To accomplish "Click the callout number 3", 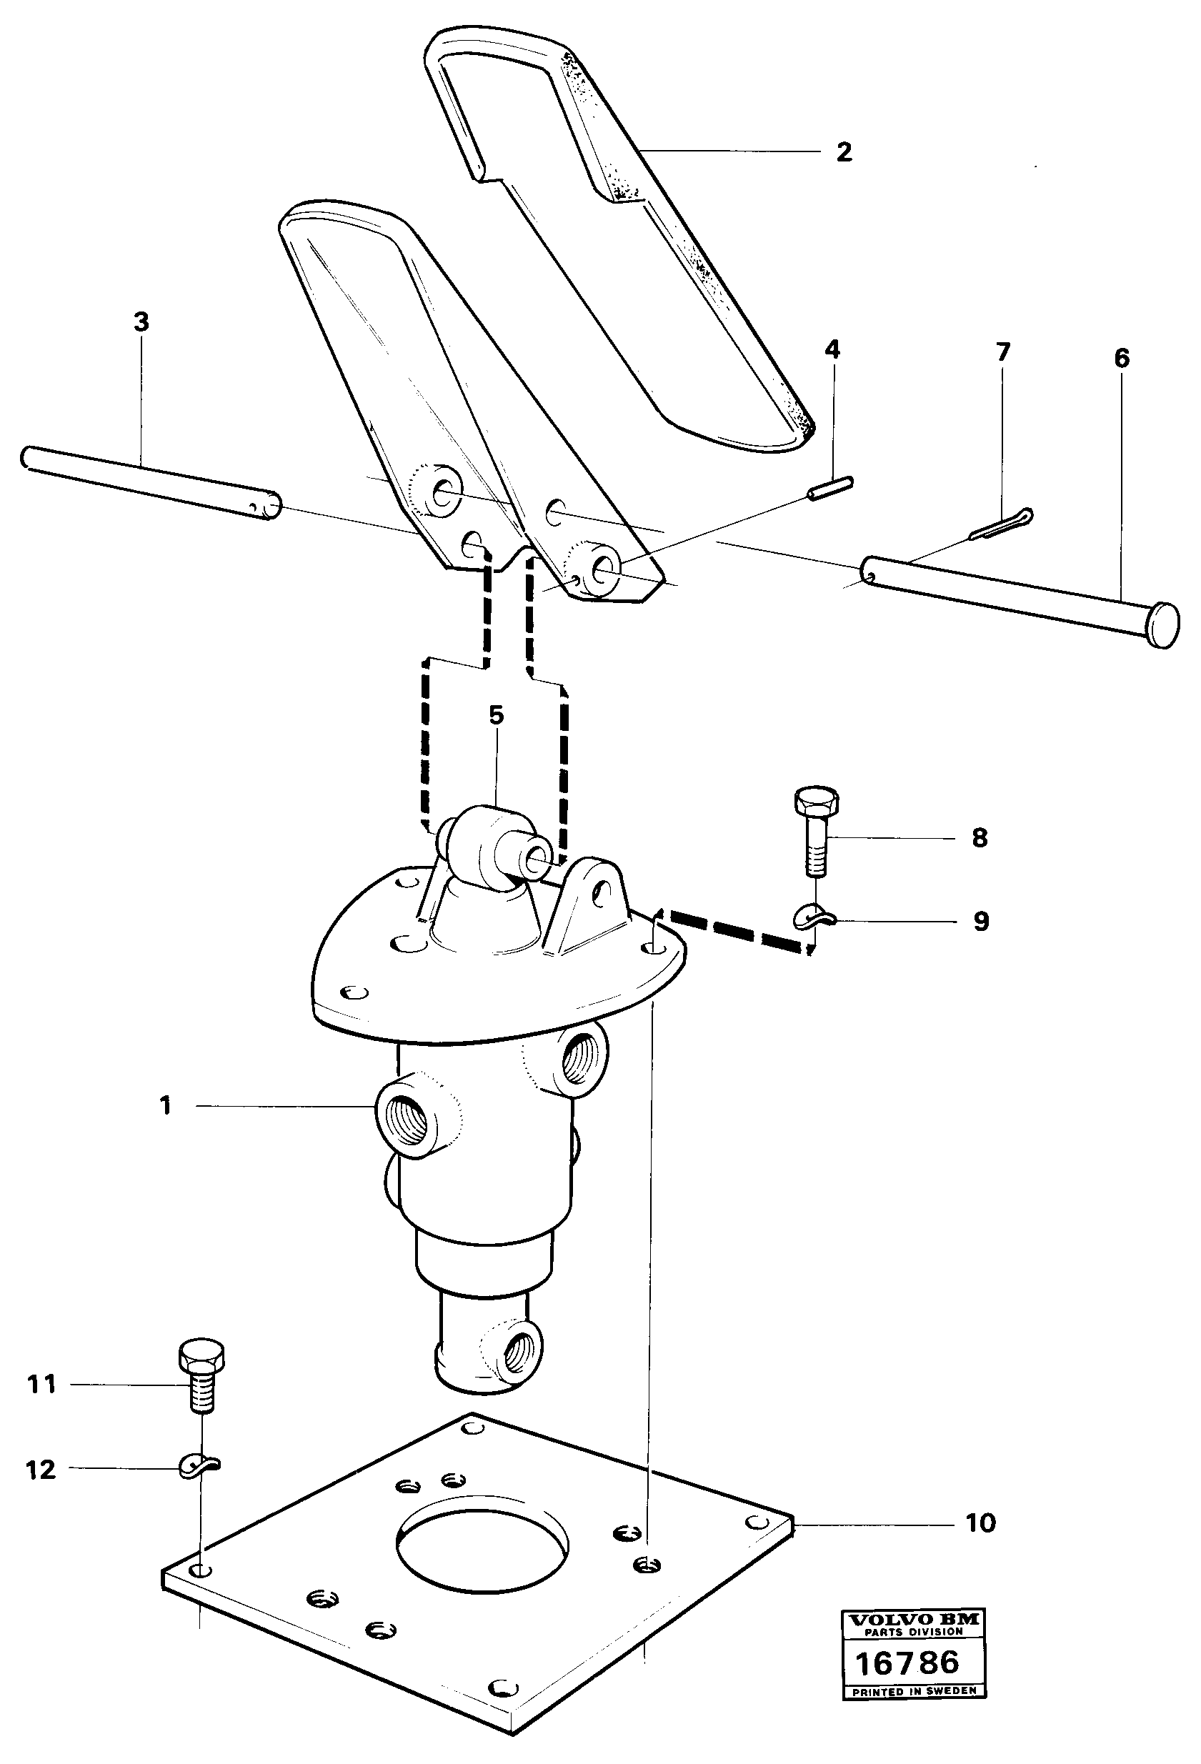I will tap(141, 322).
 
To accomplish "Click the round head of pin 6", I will tap(1163, 625).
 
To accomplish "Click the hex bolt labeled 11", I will tap(201, 1378).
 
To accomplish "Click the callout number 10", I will tap(980, 1523).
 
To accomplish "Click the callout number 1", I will tap(166, 1106).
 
